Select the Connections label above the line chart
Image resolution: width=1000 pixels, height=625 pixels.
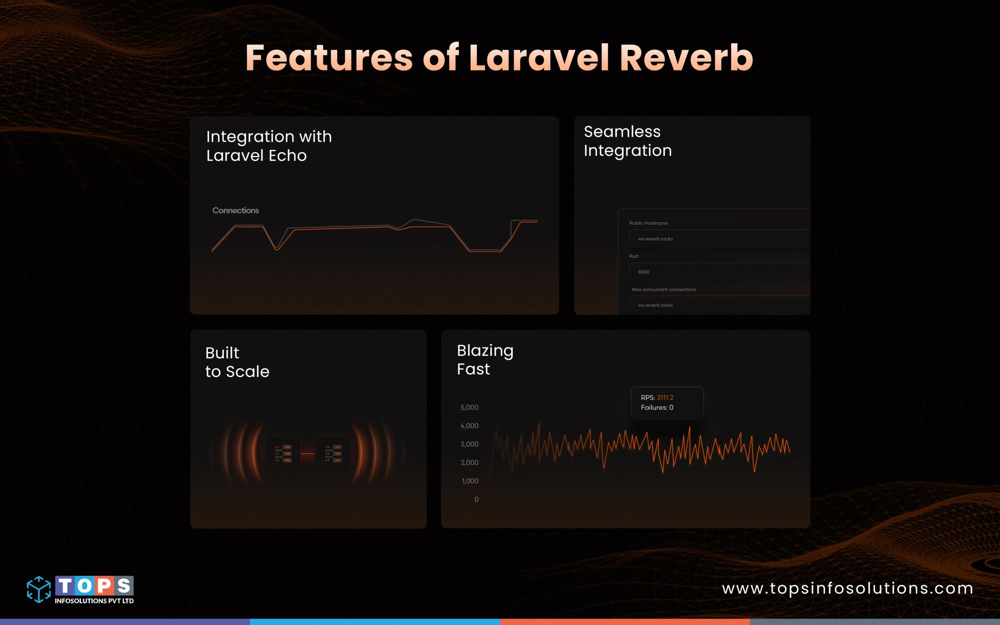tap(236, 211)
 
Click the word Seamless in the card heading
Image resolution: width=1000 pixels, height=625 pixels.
tap(622, 132)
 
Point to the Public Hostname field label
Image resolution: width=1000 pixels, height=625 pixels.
tap(648, 223)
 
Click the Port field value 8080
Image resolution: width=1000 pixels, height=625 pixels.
tap(643, 272)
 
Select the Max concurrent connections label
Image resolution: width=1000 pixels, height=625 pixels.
tap(664, 289)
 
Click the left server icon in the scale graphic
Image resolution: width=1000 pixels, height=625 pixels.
tap(283, 453)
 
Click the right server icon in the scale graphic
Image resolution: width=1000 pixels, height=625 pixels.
tap(333, 453)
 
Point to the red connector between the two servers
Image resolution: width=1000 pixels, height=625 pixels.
tap(307, 454)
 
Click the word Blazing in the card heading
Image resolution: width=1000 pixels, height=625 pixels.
tap(485, 351)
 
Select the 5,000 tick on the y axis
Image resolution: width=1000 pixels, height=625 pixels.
tap(470, 407)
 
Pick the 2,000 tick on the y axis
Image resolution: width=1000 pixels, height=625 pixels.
tap(470, 462)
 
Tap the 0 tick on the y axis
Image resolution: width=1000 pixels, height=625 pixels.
tap(476, 499)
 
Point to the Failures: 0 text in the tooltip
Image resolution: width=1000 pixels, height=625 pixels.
tap(657, 407)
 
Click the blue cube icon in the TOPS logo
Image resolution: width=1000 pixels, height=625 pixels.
tap(39, 589)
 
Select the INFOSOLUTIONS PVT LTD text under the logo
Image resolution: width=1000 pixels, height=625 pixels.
tap(94, 601)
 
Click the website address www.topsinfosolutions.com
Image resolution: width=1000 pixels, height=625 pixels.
tap(847, 588)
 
